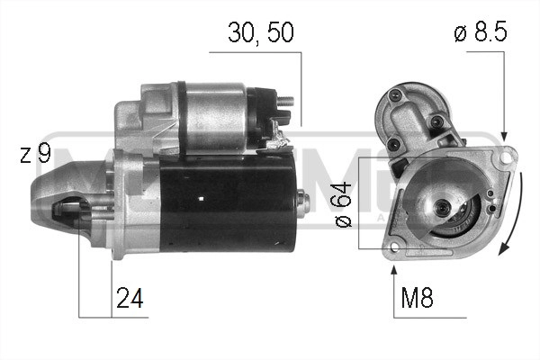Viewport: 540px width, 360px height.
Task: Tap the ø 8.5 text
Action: click(481, 33)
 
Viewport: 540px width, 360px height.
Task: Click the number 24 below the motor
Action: click(130, 297)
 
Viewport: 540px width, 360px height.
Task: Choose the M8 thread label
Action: click(415, 298)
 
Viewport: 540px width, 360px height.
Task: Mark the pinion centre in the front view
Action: click(443, 209)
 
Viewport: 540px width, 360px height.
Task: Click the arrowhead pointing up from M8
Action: click(393, 266)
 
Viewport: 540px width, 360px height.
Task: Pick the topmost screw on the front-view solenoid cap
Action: click(393, 94)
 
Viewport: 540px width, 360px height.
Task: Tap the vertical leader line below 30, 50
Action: click(300, 90)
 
